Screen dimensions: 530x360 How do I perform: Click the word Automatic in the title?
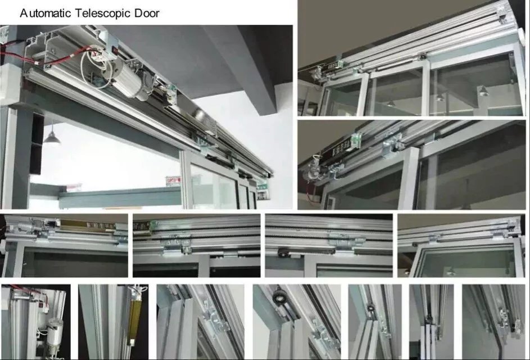click(46, 13)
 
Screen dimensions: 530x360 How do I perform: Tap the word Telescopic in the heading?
click(103, 13)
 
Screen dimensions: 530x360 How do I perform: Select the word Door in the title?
click(147, 13)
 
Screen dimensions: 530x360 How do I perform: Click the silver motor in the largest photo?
click(131, 82)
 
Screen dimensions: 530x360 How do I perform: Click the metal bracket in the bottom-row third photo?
click(216, 319)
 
